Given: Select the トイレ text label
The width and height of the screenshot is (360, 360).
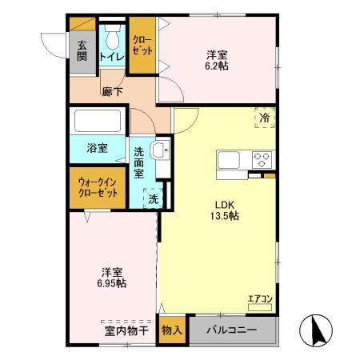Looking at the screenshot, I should click(111, 58).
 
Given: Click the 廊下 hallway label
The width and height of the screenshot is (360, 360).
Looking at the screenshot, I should click(111, 92).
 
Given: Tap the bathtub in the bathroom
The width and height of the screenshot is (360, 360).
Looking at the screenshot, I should click(97, 122).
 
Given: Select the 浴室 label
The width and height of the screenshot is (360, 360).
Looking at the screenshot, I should click(96, 148).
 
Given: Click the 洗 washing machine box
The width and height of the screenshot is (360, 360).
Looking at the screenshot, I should click(150, 198).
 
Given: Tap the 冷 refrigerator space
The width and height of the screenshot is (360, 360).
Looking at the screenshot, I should click(266, 117).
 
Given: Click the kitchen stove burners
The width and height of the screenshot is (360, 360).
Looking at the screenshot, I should click(261, 159).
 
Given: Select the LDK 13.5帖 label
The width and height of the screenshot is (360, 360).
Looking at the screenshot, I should click(225, 209).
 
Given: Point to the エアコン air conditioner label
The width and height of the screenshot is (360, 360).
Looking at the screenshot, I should click(261, 299).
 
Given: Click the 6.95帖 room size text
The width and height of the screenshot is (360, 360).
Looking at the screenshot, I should click(110, 282).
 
